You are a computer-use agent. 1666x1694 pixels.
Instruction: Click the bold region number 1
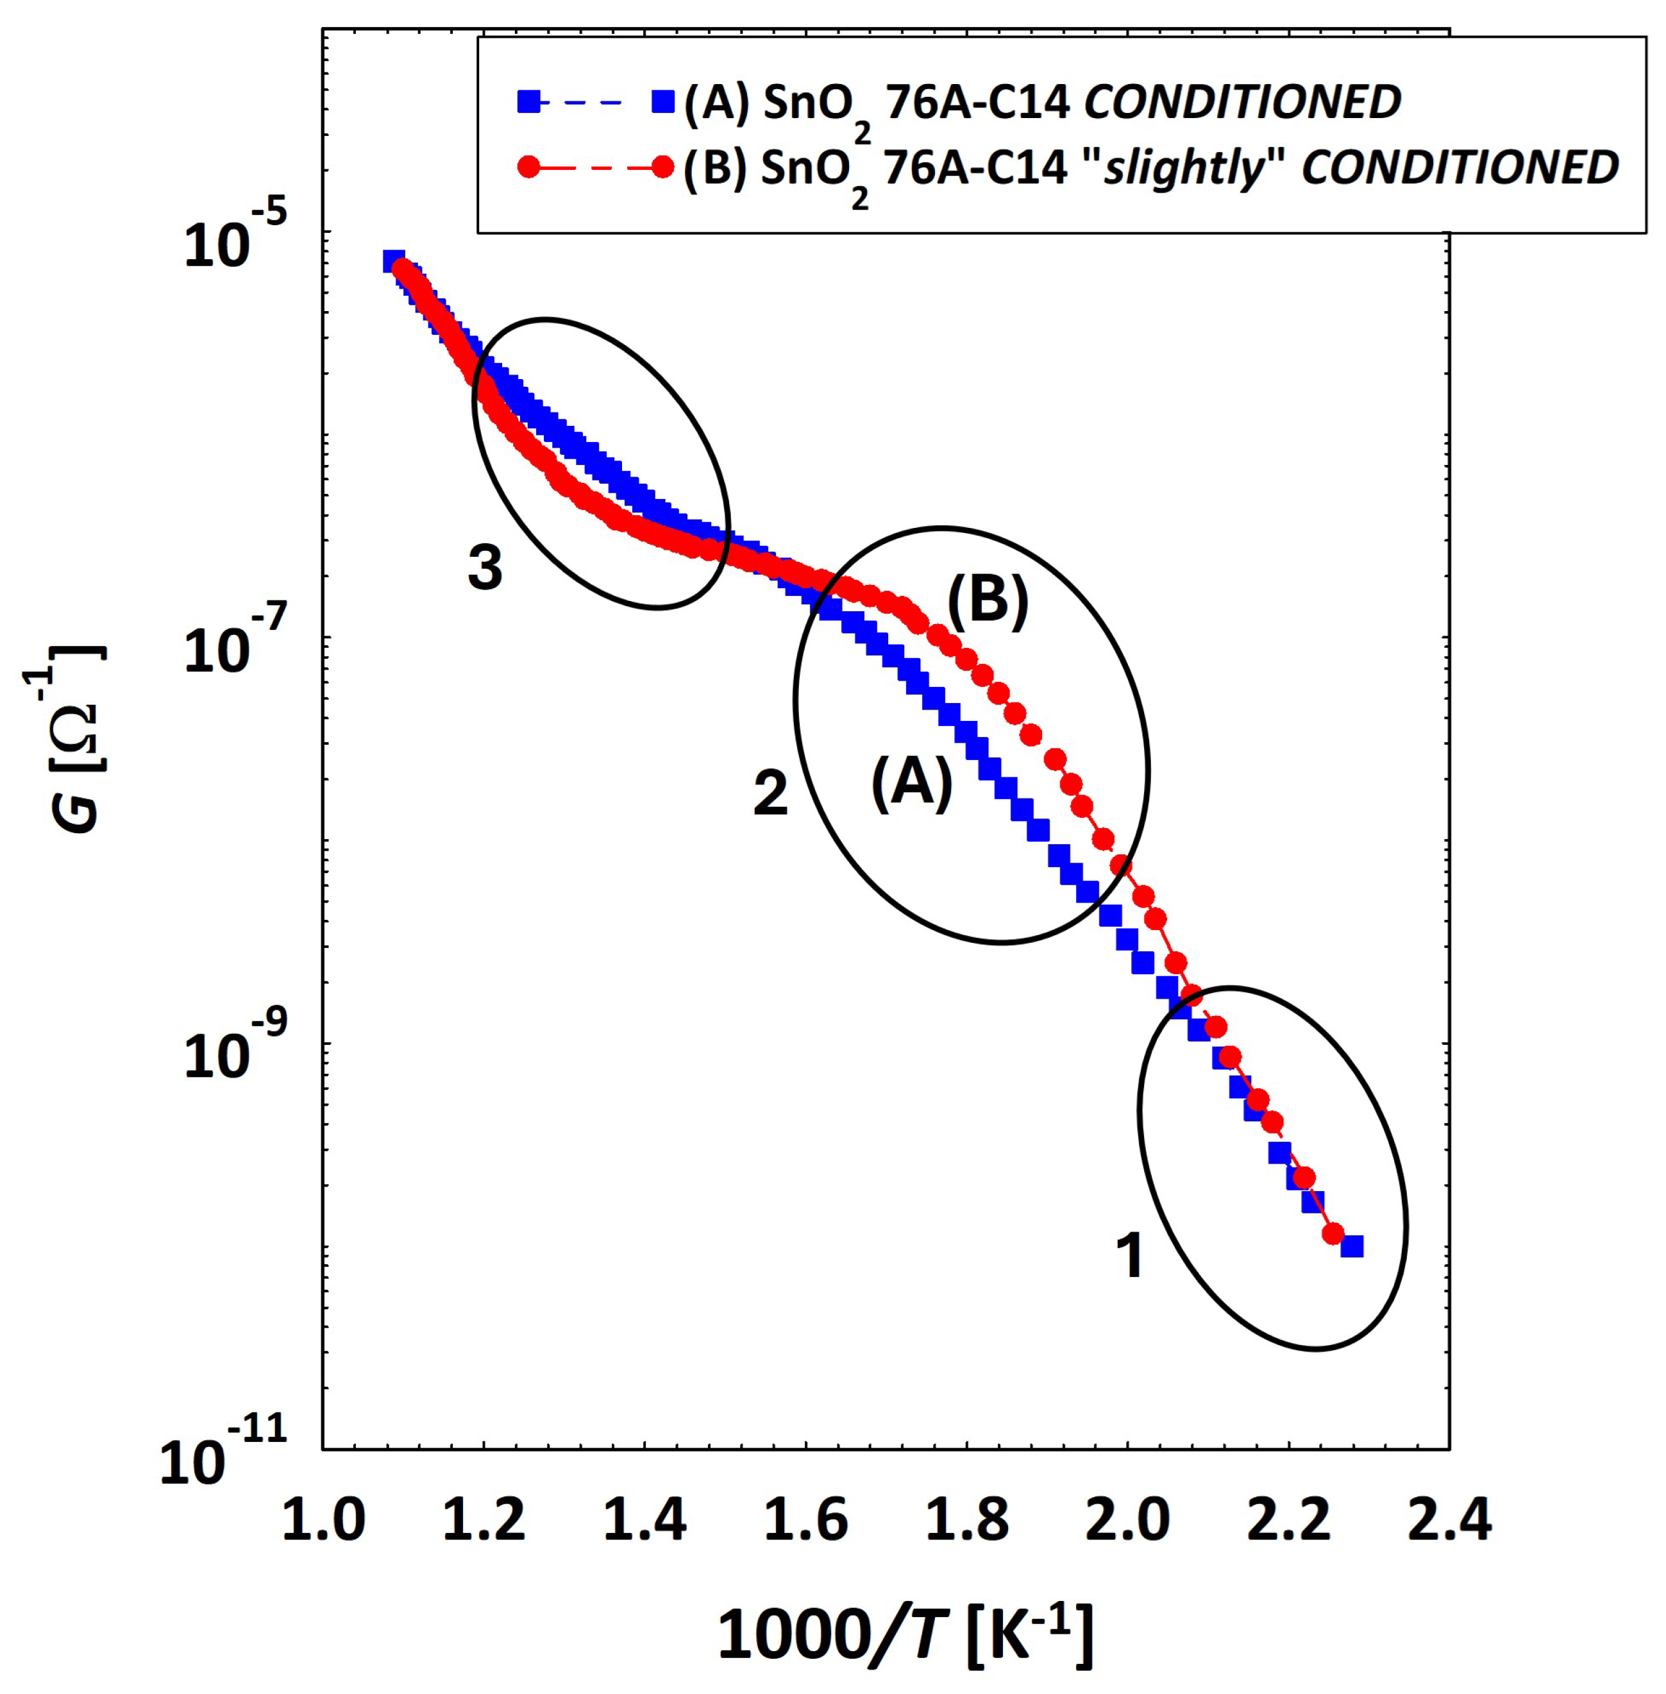1130,1256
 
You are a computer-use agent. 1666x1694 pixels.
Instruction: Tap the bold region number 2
770,793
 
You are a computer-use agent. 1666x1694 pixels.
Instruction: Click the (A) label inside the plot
911,784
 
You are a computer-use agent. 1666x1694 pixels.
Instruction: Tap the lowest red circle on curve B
1333,1233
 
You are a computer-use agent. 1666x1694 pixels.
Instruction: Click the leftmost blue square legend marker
528,103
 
